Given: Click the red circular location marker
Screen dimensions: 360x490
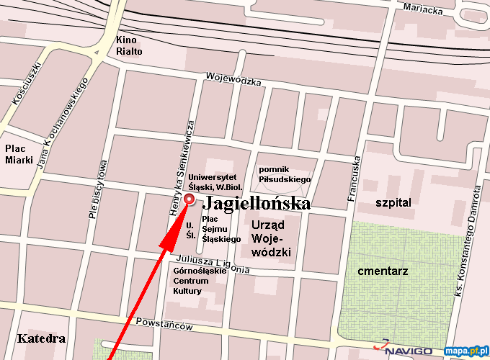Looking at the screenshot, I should tap(190, 199).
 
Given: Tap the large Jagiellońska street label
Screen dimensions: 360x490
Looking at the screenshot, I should tap(257, 204).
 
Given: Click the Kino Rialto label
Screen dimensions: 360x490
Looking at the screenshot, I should tap(130, 45).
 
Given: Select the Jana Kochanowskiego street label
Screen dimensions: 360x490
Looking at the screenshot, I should tap(62, 126).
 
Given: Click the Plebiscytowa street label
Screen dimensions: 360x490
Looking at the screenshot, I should tap(99, 189).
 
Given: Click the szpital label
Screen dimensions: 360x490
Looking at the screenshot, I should tap(393, 203).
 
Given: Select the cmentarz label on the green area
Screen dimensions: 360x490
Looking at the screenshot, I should tap(383, 271).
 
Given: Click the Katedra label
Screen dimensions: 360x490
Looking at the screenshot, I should tap(42, 338).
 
